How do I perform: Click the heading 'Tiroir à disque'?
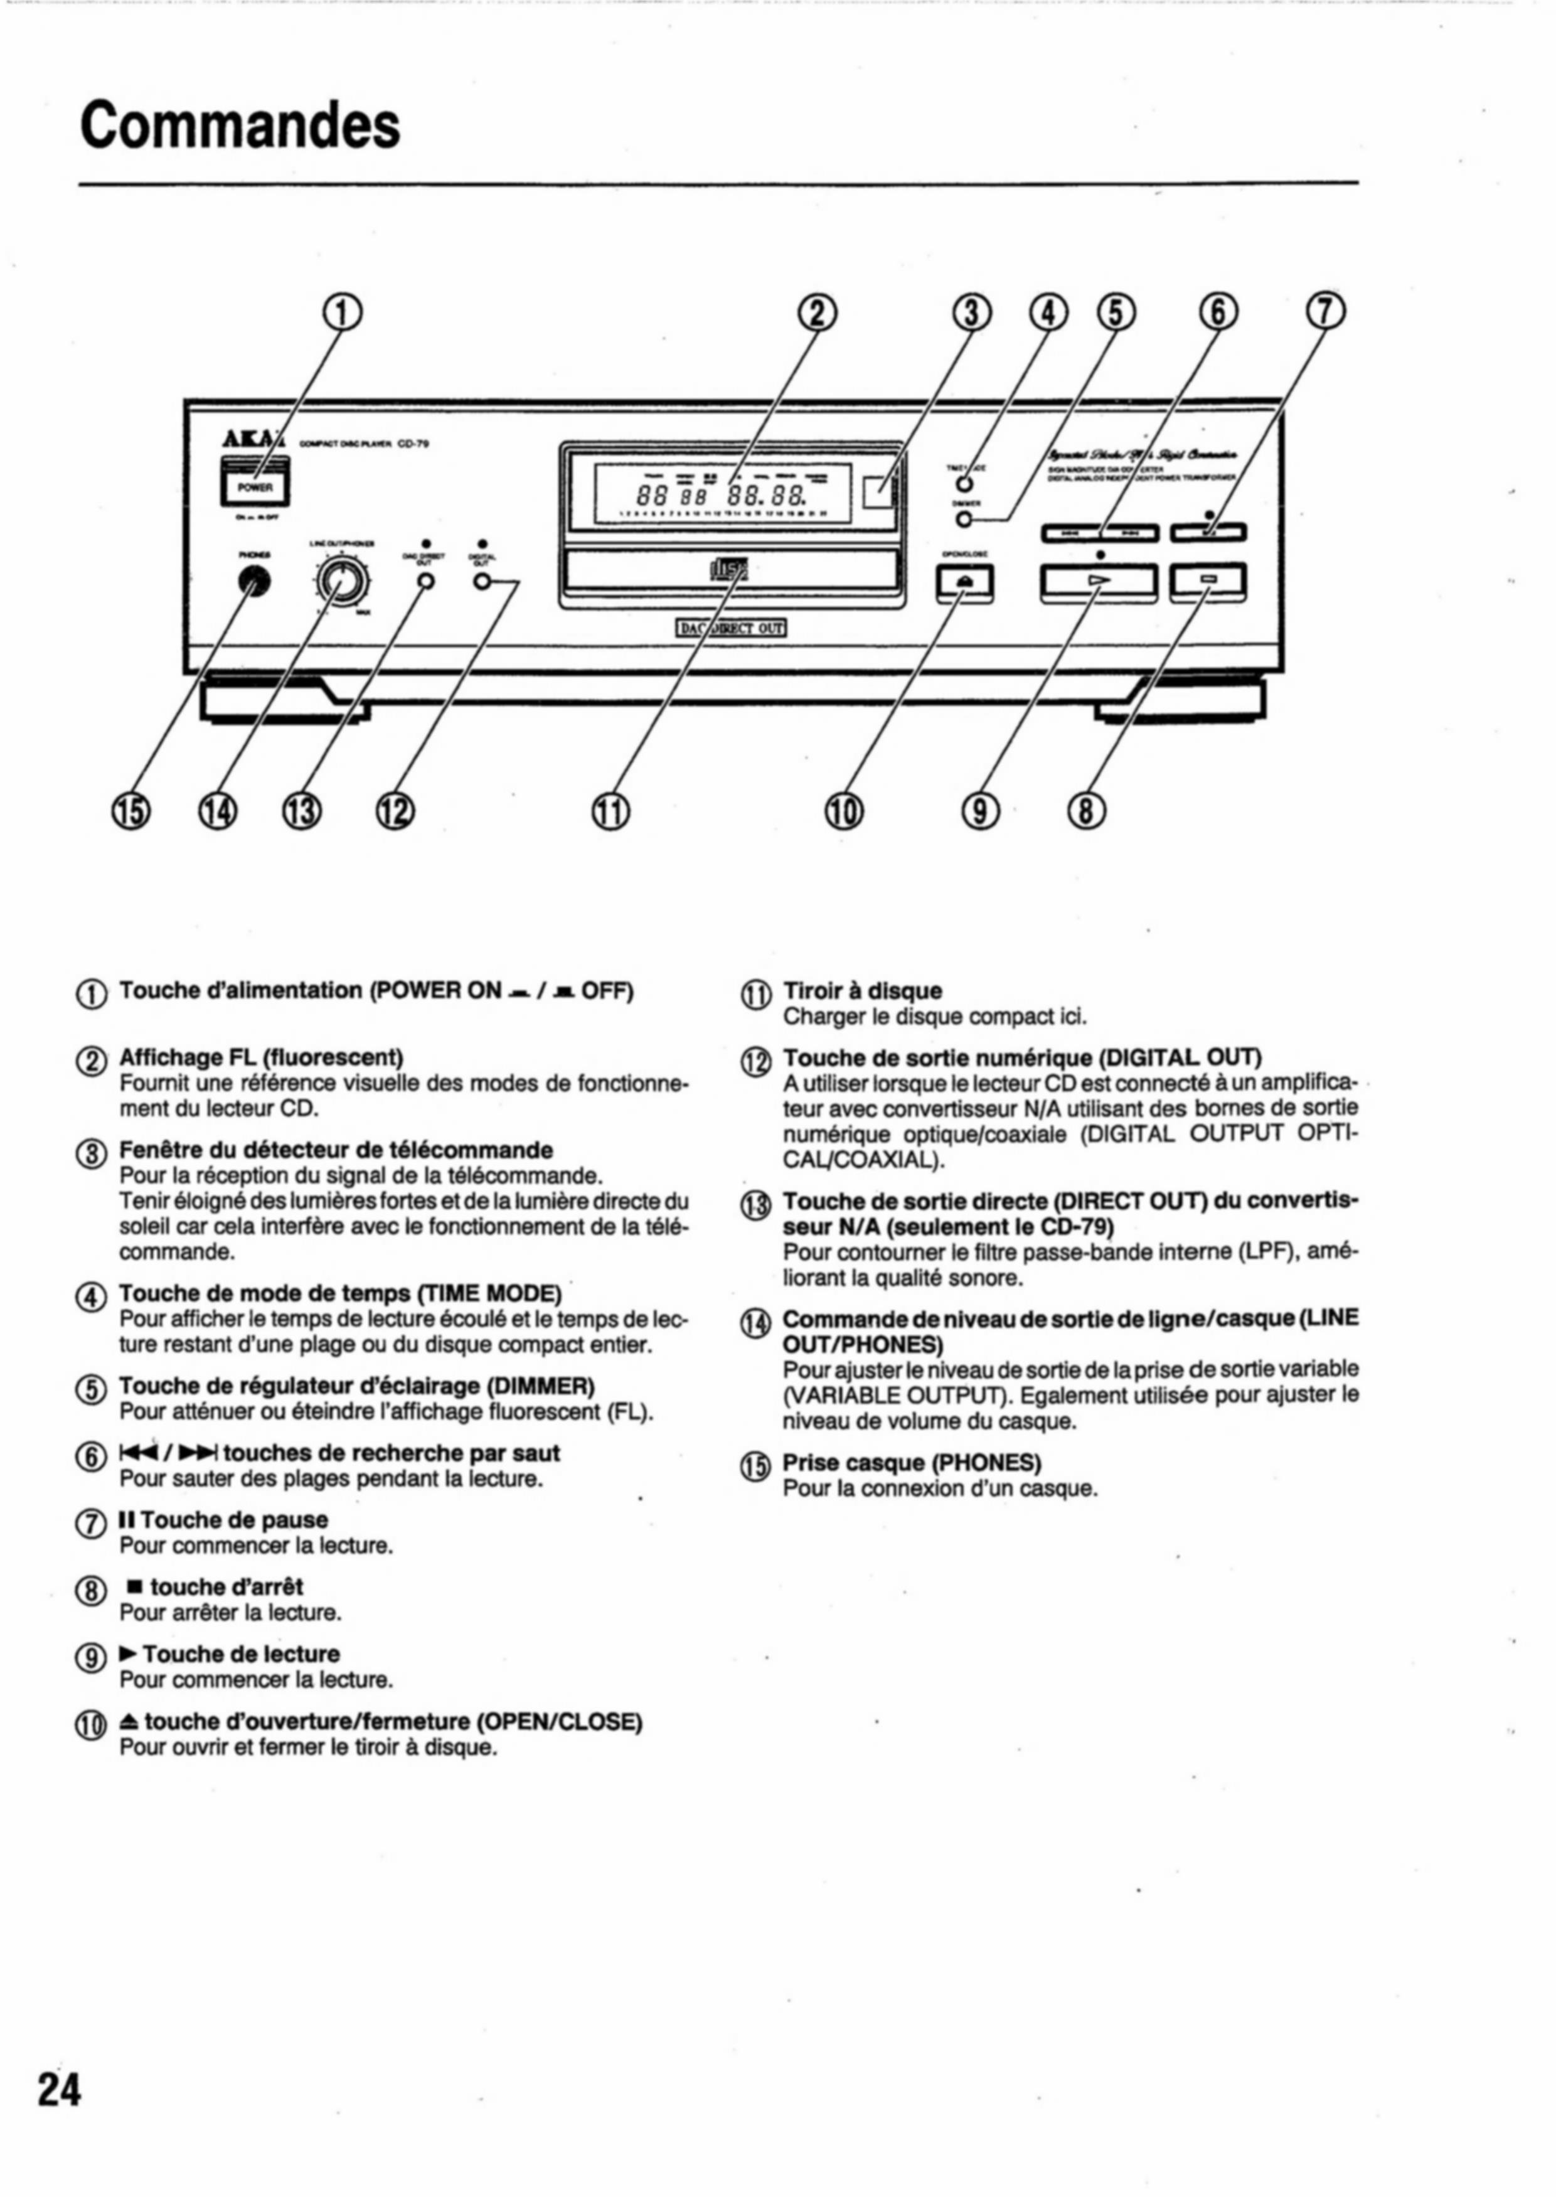click(862, 991)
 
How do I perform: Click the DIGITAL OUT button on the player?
click(483, 582)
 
